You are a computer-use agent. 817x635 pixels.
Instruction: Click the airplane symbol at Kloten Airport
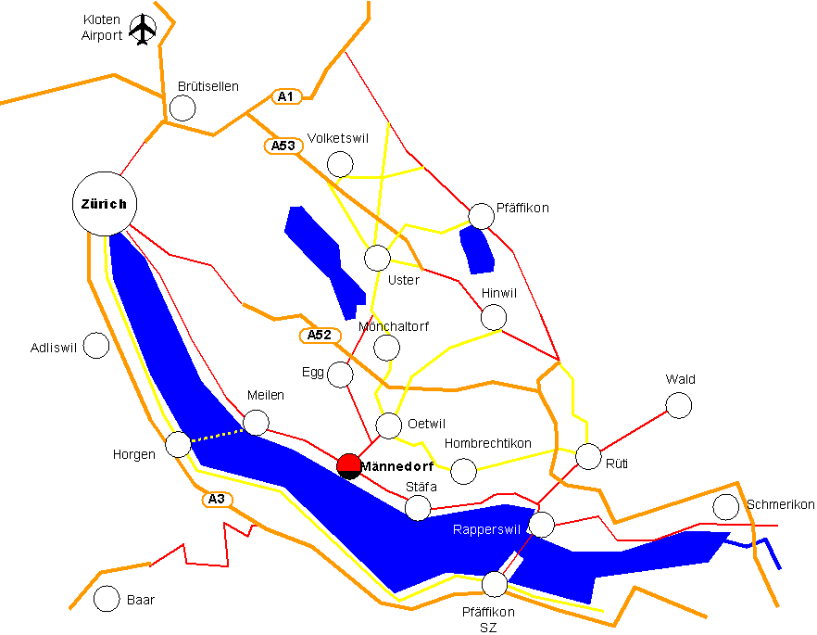[143, 30]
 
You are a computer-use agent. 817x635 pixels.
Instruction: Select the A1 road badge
[286, 96]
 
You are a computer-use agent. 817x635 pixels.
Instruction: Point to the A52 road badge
[316, 335]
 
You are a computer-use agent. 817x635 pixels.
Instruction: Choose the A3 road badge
[216, 500]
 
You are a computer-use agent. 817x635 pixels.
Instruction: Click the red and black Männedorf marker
[349, 465]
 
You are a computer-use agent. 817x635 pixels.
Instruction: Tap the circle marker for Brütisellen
[183, 108]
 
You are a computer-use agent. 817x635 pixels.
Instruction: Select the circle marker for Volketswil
[341, 164]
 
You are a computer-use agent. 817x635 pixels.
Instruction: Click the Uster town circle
[377, 258]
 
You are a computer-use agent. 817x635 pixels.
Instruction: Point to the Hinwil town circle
[494, 317]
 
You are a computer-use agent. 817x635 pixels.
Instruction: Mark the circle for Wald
[679, 404]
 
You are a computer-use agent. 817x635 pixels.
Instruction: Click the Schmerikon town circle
[726, 507]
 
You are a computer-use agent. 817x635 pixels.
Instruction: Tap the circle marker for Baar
[107, 599]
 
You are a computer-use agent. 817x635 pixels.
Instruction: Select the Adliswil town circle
[96, 346]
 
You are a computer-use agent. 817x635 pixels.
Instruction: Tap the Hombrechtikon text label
[488, 444]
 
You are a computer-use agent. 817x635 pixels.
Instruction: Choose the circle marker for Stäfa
[418, 507]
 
